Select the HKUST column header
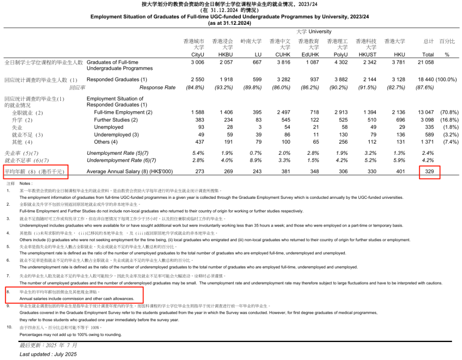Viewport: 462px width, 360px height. [x=369, y=54]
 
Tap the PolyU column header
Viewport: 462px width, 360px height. [x=341, y=54]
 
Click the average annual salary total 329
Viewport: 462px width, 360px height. [x=429, y=171]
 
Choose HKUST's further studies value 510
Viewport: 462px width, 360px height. [x=372, y=120]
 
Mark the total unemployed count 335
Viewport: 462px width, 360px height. [x=429, y=127]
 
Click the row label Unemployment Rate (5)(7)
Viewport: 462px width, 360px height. [x=118, y=153]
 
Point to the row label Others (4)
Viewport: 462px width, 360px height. [x=106, y=142]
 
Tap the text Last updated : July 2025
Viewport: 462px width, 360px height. [x=48, y=354]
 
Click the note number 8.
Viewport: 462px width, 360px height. [x=8, y=291]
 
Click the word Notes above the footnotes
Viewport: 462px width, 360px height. [x=26, y=183]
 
